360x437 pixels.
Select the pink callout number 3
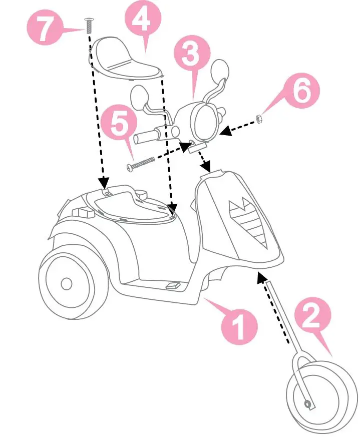(x=191, y=55)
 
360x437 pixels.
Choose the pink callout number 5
(x=120, y=124)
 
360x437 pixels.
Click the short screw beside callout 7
(x=89, y=25)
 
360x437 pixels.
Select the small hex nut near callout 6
(x=259, y=118)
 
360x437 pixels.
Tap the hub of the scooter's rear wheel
(x=66, y=284)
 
